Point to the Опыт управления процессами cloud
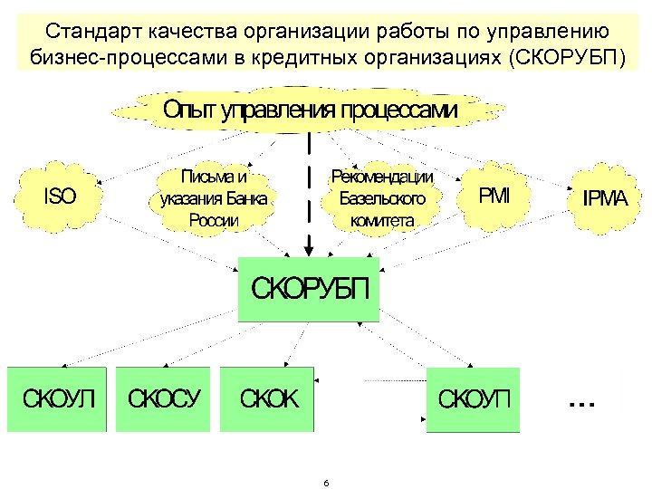click(x=310, y=110)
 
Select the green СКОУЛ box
click(x=58, y=398)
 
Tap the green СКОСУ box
click(x=164, y=398)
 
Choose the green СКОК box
click(x=268, y=398)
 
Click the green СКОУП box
click(x=474, y=398)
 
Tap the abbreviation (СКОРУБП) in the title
click(x=568, y=59)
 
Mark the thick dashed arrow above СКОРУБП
click(x=310, y=190)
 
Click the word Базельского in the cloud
click(x=382, y=197)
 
